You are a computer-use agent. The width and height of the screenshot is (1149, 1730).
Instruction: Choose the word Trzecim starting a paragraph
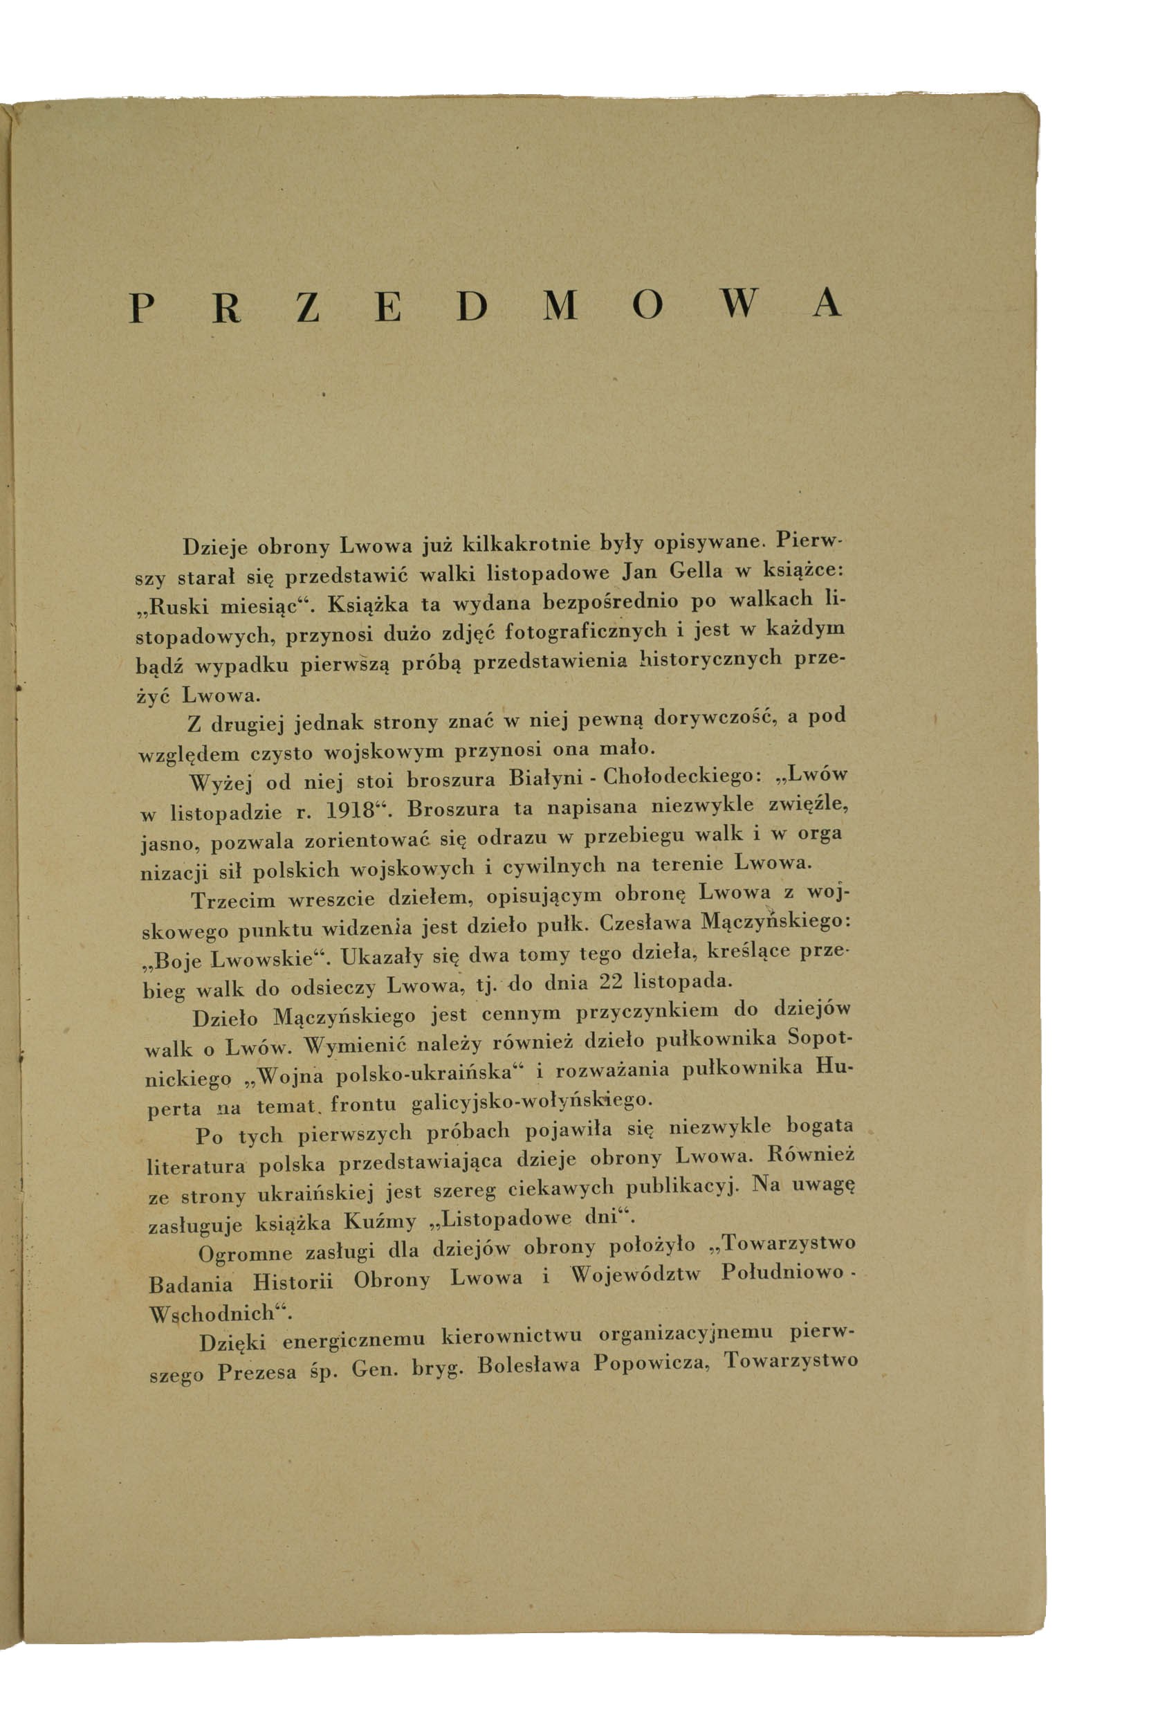click(233, 900)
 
